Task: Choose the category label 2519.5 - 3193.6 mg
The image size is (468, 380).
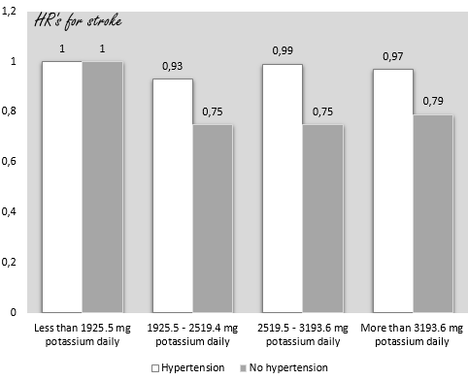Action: click(304, 335)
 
